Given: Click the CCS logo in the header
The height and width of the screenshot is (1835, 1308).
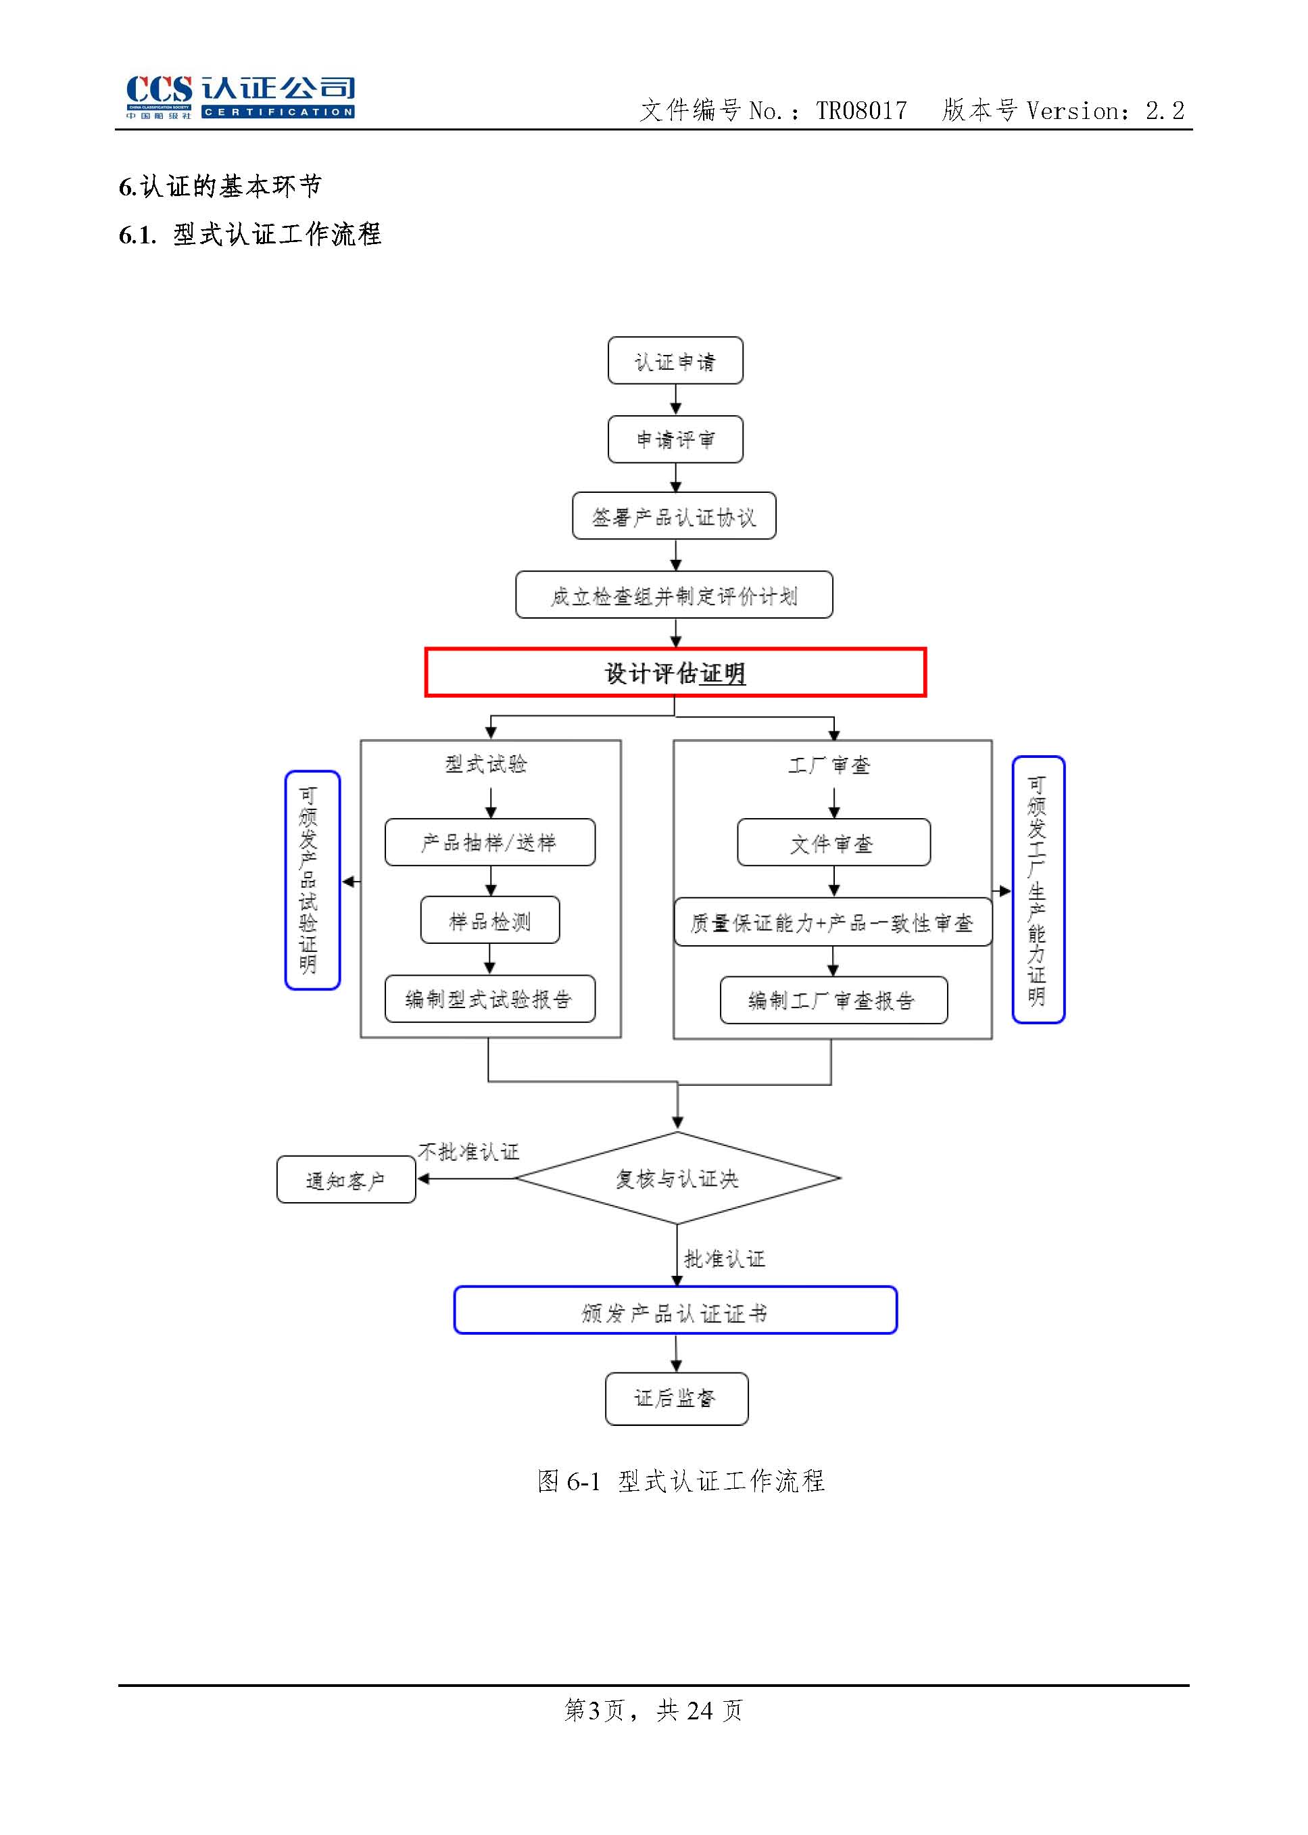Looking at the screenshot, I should pyautogui.click(x=240, y=97).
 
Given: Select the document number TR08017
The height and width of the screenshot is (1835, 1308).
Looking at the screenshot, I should pyautogui.click(x=861, y=110).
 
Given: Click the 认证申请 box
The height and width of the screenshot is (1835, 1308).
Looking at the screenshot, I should pyautogui.click(x=675, y=361).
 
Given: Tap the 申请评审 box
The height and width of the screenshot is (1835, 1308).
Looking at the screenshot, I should pyautogui.click(x=675, y=439).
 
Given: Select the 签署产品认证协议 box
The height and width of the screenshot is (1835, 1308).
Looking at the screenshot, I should pyautogui.click(x=674, y=517).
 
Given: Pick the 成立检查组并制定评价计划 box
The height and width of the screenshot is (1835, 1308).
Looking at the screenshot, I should pyautogui.click(x=674, y=595).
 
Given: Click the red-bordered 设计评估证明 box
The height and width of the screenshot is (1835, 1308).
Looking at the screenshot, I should pyautogui.click(x=675, y=672).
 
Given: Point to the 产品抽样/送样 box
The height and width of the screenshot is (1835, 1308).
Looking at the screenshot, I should pyautogui.click(x=489, y=842).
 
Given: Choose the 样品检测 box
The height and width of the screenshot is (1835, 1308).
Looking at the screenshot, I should pyautogui.click(x=489, y=920).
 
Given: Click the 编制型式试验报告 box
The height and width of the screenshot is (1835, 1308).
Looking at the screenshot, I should pyautogui.click(x=489, y=999).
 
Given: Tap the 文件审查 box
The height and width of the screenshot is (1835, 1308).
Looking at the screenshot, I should pyautogui.click(x=833, y=842).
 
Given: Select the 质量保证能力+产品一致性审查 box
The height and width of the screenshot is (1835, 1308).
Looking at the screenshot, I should pyautogui.click(x=833, y=922).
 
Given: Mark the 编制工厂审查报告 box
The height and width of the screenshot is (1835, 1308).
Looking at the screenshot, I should pyautogui.click(x=833, y=1001).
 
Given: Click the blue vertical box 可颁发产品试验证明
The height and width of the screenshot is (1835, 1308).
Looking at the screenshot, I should pyautogui.click(x=312, y=880).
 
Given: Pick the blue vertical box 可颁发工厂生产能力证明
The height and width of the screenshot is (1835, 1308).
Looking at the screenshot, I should pyautogui.click(x=1038, y=889).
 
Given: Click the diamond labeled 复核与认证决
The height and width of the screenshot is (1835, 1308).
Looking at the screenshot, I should pyautogui.click(x=677, y=1178).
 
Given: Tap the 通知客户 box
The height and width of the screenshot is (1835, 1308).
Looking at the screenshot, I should pyautogui.click(x=346, y=1180).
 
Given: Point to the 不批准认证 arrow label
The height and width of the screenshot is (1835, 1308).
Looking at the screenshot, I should pyautogui.click(x=468, y=1152).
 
